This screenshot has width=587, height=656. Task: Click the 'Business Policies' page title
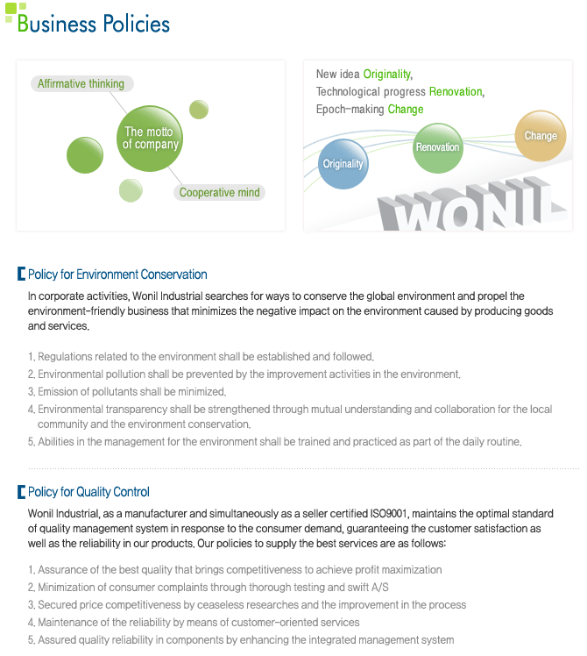(93, 23)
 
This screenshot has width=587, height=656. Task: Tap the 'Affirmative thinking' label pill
(82, 83)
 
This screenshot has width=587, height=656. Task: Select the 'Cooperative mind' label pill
(220, 192)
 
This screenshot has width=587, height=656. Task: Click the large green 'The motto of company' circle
(150, 139)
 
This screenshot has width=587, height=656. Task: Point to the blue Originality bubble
(343, 164)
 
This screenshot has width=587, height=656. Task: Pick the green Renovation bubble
(438, 148)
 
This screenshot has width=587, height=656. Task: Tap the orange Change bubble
(541, 136)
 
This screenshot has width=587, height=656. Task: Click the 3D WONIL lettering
(470, 205)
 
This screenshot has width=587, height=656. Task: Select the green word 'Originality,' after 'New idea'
(388, 74)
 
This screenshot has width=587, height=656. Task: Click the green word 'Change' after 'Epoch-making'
(406, 110)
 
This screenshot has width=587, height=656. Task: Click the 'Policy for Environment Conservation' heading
(117, 275)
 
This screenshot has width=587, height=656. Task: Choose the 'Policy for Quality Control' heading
(88, 492)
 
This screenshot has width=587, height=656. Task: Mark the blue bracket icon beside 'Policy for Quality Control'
(21, 492)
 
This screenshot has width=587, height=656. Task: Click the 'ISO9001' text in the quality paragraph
(388, 513)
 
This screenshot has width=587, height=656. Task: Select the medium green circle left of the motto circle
(85, 155)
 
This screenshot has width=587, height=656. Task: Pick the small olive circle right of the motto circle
(199, 110)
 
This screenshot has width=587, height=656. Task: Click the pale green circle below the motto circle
(131, 190)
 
